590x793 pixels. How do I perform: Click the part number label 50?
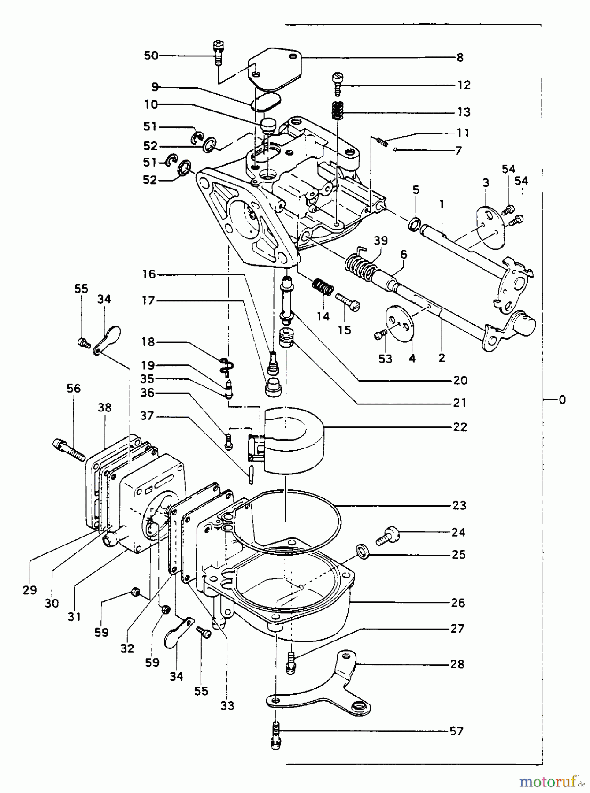tap(151, 56)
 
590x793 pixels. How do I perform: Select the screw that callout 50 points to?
tap(218, 52)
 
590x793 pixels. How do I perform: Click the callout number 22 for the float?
tap(460, 427)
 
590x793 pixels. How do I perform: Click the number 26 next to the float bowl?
tap(458, 602)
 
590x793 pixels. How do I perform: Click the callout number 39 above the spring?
tap(381, 241)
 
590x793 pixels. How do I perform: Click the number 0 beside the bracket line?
tap(562, 400)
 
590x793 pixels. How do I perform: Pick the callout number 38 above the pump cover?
tap(105, 408)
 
